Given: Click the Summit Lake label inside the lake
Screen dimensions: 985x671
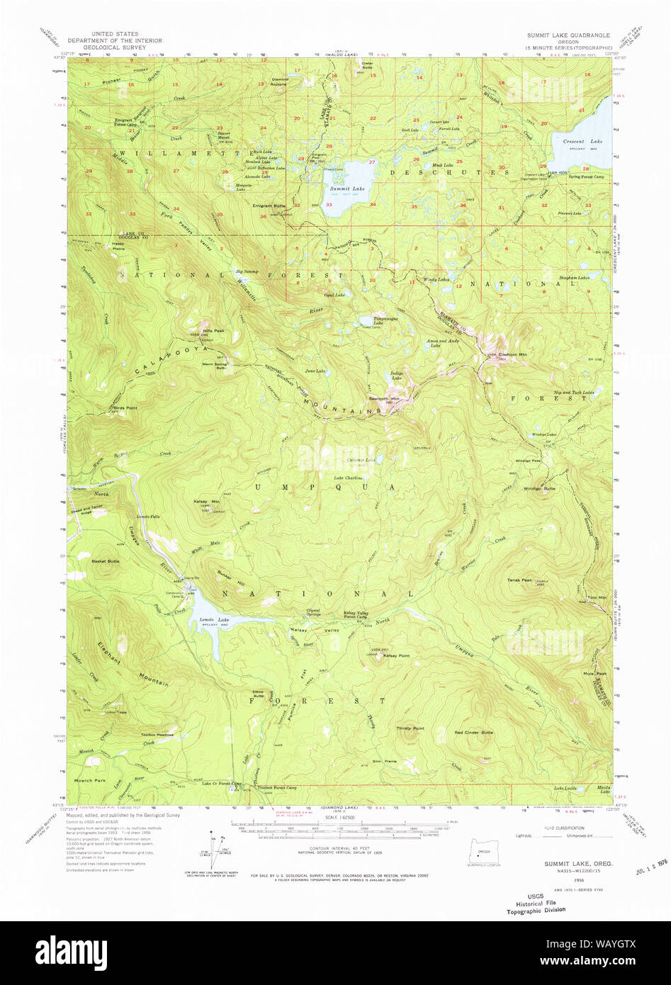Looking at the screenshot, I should pyautogui.click(x=347, y=188).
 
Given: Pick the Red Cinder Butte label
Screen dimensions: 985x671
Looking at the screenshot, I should pyautogui.click(x=474, y=732).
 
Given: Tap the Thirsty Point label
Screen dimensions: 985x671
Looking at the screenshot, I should pyautogui.click(x=410, y=728).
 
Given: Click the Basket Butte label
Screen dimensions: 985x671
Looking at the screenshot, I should pyautogui.click(x=106, y=561).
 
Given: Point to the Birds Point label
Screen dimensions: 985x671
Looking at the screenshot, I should pyautogui.click(x=122, y=408).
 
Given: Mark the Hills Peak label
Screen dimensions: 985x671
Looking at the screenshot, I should pyautogui.click(x=195, y=331).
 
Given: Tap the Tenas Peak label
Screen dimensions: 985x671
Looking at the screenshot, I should pyautogui.click(x=519, y=580).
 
